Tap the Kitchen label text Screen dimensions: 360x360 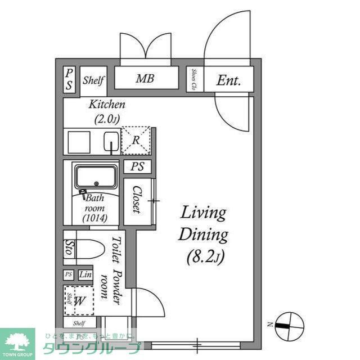tap(107, 105)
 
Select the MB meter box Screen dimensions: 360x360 tap(145, 79)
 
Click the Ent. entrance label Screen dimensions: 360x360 tap(229, 80)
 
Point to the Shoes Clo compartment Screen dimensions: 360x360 tap(194, 79)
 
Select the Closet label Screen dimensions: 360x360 tap(136, 200)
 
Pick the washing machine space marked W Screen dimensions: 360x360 tap(79, 300)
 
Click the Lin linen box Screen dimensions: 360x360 tap(85, 274)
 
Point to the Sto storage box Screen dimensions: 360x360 tap(69, 248)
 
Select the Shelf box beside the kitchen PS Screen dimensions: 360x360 tap(93, 80)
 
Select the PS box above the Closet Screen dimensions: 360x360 tap(137, 166)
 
